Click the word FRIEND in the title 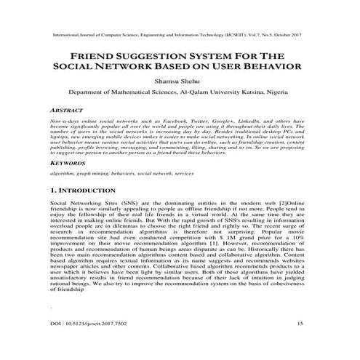92,56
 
